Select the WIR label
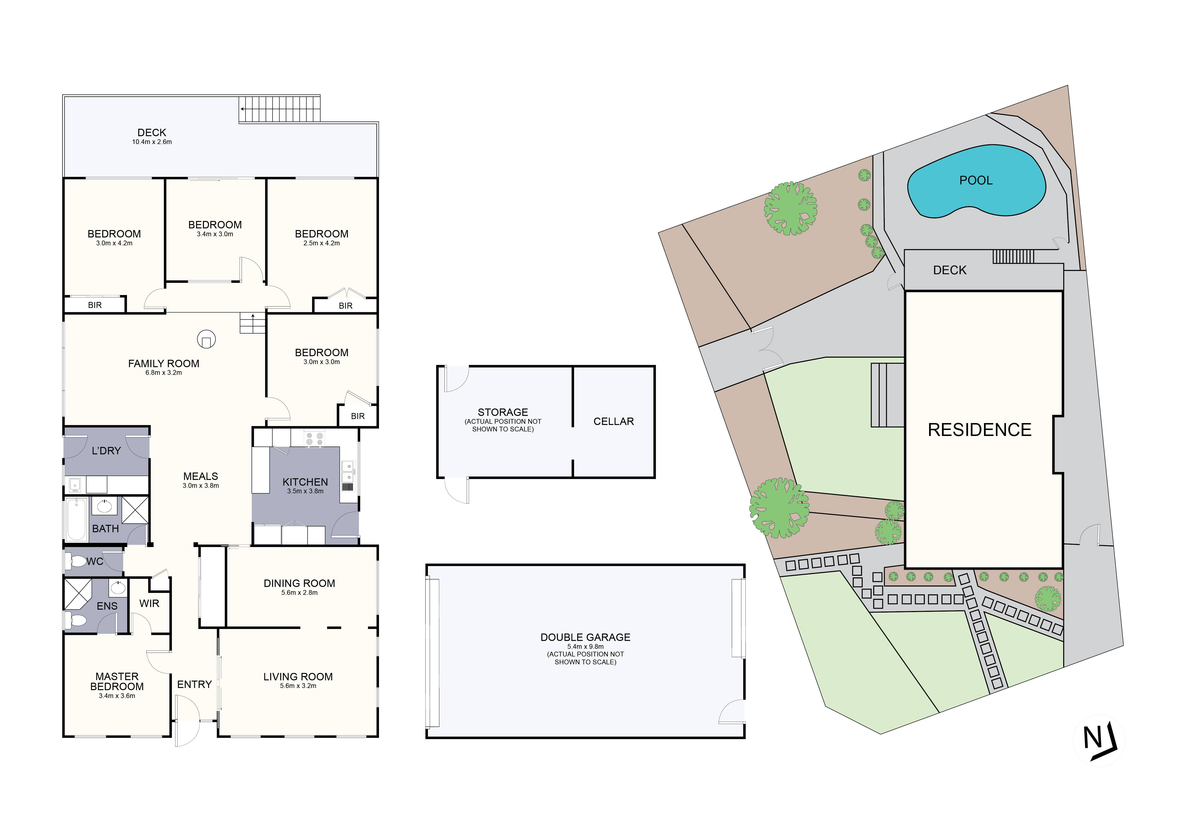(149, 603)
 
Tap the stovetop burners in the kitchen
(314, 439)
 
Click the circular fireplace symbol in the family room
(206, 339)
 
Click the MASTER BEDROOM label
(117, 681)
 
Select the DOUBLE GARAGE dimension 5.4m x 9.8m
(585, 647)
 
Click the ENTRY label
(195, 684)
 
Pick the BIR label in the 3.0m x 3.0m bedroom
(358, 416)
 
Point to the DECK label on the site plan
(950, 270)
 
